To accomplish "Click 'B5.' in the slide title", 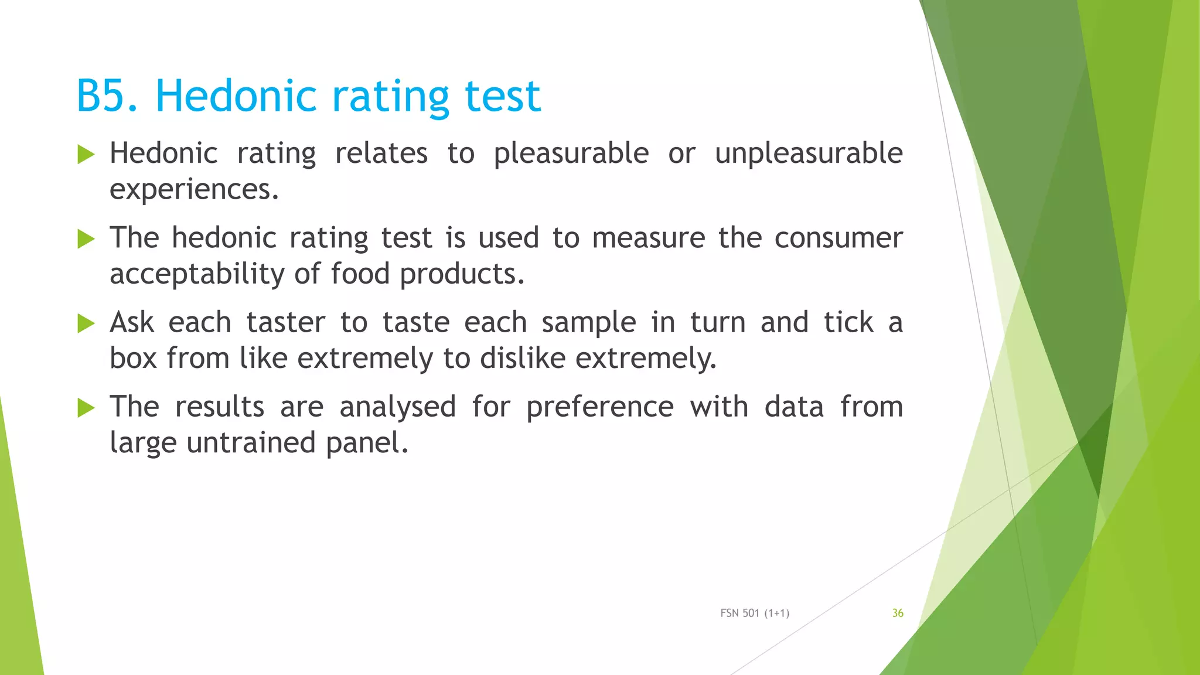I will pyautogui.click(x=107, y=96).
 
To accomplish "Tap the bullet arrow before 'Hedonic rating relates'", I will pyautogui.click(x=86, y=155).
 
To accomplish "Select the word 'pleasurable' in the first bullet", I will pyautogui.click(x=571, y=154).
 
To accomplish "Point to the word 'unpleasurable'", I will pyautogui.click(x=809, y=154).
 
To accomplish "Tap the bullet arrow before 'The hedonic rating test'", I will pyautogui.click(x=86, y=239).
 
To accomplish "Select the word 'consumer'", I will pyautogui.click(x=838, y=238).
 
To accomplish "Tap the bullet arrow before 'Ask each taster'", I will pyautogui.click(x=86, y=323).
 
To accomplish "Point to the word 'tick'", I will pyautogui.click(x=848, y=323).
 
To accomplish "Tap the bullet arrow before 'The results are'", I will pyautogui.click(x=86, y=408).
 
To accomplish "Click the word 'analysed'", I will pyautogui.click(x=397, y=407).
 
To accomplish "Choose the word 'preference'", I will pyautogui.click(x=599, y=407).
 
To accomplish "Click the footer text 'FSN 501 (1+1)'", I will pyautogui.click(x=755, y=613).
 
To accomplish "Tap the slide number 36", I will pyautogui.click(x=898, y=613).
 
